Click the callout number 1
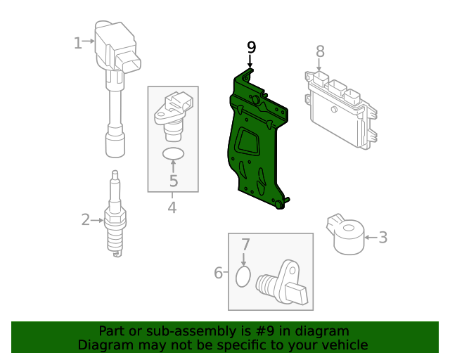tap(78, 43)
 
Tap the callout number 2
tap(86, 219)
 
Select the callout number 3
tap(383, 238)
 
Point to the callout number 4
tap(172, 207)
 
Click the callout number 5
tap(174, 181)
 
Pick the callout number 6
tap(219, 272)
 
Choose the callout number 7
tap(245, 245)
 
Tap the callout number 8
tap(321, 51)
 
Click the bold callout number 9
tap(251, 47)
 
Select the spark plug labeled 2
tap(115, 214)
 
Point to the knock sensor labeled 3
tap(345, 234)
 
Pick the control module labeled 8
tap(340, 110)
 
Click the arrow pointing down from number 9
tap(250, 61)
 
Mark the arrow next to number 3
tap(371, 238)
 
